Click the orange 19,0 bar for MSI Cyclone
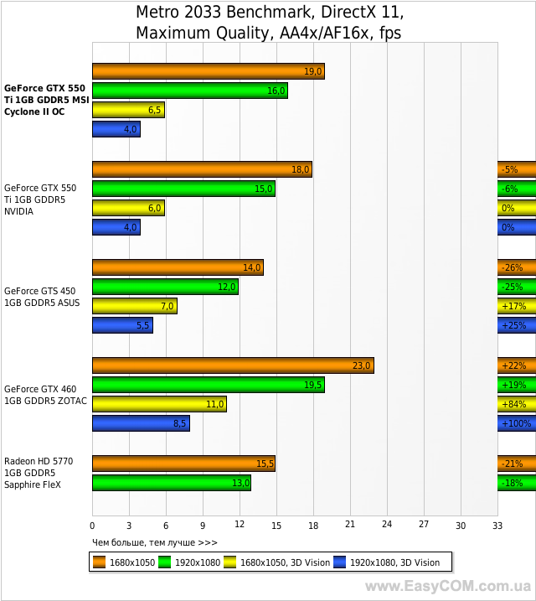pos(208,71)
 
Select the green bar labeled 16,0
pos(189,91)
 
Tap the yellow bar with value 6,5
pos(128,110)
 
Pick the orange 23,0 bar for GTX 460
pos(233,365)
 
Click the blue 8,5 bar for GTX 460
pos(141,423)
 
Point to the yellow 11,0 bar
pos(159,404)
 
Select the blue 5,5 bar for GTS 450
pos(122,325)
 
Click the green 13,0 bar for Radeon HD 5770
pos(171,483)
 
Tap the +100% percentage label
pos(516,423)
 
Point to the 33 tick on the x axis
pos(497,525)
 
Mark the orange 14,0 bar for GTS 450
pos(178,268)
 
